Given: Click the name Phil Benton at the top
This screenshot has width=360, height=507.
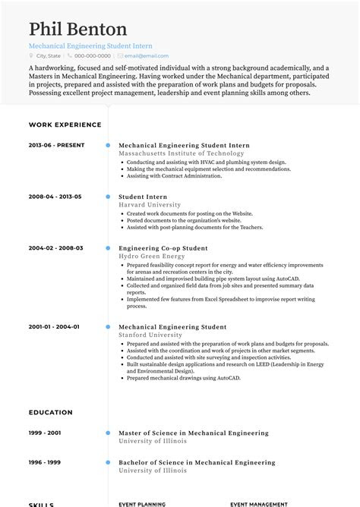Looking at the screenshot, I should (78, 30).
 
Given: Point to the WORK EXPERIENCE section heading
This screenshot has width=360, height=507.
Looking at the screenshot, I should (65, 124).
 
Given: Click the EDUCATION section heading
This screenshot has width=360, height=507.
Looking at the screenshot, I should (51, 412).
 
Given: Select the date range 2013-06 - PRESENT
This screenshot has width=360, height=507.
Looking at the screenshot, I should (56, 145).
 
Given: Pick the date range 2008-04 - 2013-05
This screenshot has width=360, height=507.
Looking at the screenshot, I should (55, 197).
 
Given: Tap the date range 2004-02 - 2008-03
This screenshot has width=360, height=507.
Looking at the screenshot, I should (55, 248).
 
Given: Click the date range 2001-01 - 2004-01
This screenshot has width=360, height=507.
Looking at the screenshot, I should (54, 327).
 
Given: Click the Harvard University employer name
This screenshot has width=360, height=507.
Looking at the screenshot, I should (149, 204).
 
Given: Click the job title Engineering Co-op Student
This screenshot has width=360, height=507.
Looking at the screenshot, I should (163, 248).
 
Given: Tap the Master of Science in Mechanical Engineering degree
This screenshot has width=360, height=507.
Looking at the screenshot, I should (194, 433).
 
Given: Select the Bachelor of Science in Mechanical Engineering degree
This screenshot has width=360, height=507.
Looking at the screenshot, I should (197, 462).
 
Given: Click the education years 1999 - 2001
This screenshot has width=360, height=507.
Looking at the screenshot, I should (46, 433).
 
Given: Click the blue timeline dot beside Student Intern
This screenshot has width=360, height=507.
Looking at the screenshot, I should (108, 197).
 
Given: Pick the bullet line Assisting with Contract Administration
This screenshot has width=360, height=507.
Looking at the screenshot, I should (174, 176).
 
